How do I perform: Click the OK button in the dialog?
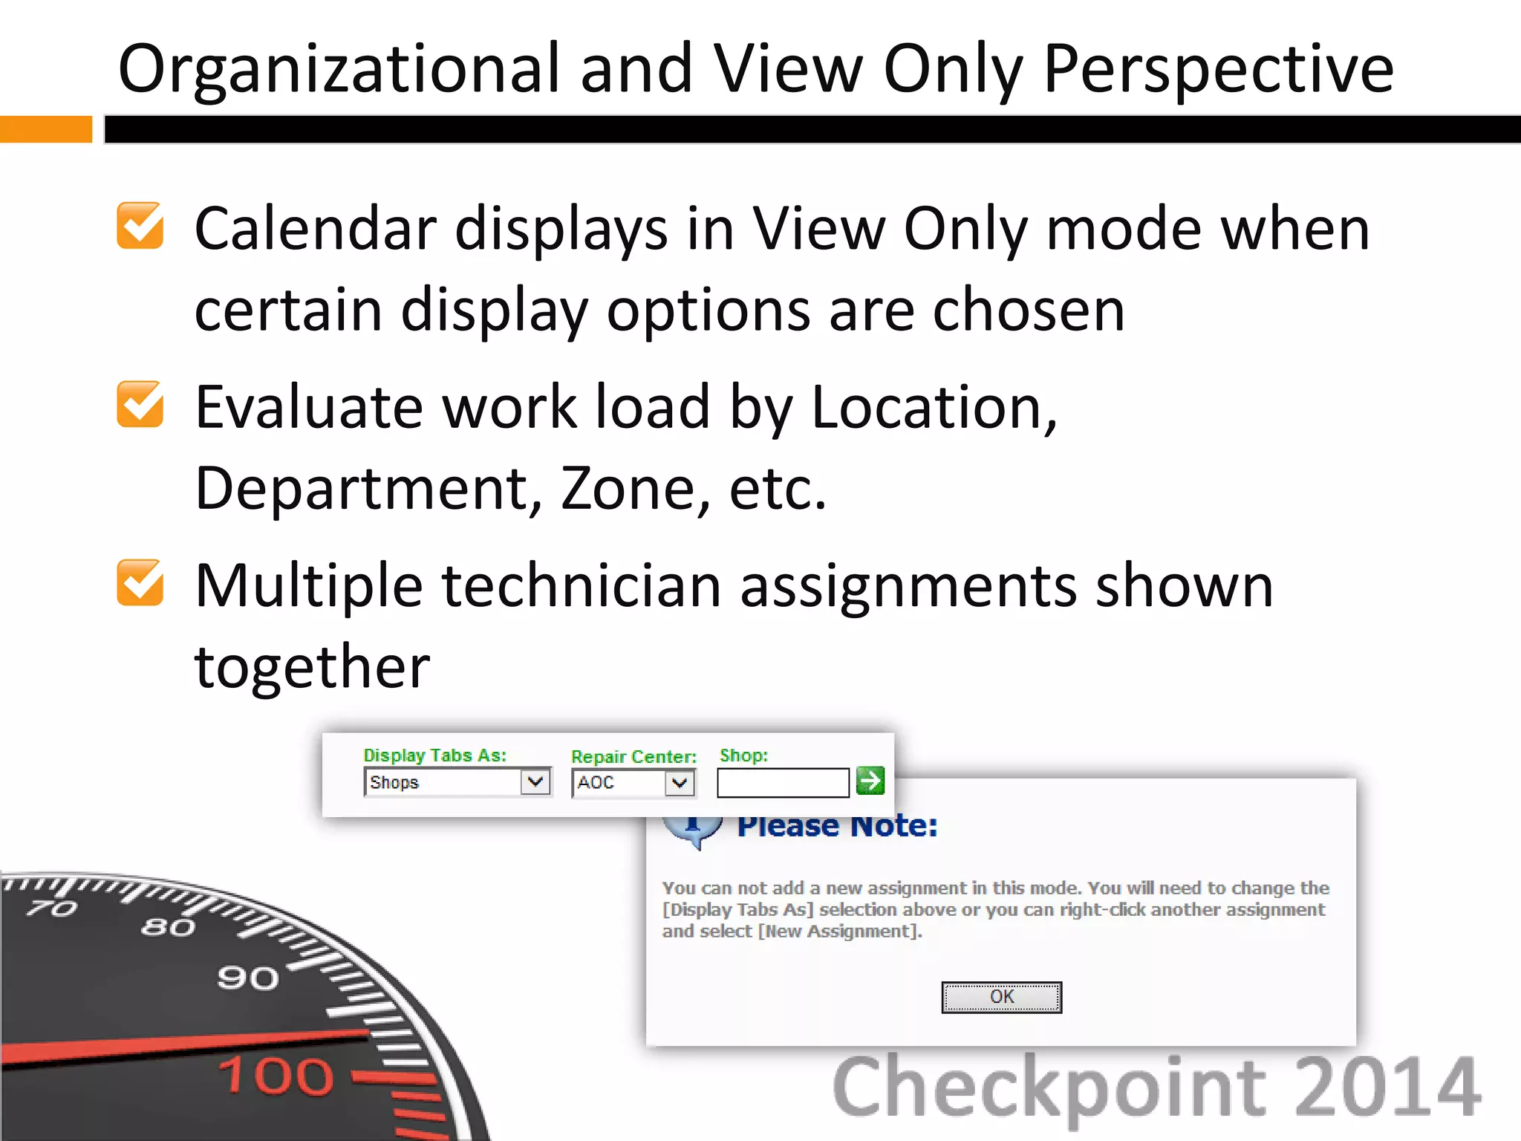click(1001, 997)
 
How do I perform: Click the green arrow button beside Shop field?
click(870, 781)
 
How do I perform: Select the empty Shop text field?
click(783, 783)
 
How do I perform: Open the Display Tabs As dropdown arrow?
click(535, 781)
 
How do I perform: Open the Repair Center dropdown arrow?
click(679, 783)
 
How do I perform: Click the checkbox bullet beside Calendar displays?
click(140, 226)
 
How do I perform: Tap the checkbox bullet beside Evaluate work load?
click(140, 405)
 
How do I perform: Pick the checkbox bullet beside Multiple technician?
click(140, 583)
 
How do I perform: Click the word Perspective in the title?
click(1218, 69)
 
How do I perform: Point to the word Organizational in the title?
click(339, 69)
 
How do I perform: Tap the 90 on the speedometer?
click(248, 978)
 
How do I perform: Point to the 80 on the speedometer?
click(169, 927)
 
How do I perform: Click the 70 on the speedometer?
click(52, 908)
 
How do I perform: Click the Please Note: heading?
click(837, 826)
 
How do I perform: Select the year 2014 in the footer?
click(1387, 1087)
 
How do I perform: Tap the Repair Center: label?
click(634, 756)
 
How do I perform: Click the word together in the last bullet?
click(312, 666)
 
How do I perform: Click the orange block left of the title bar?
click(46, 129)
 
